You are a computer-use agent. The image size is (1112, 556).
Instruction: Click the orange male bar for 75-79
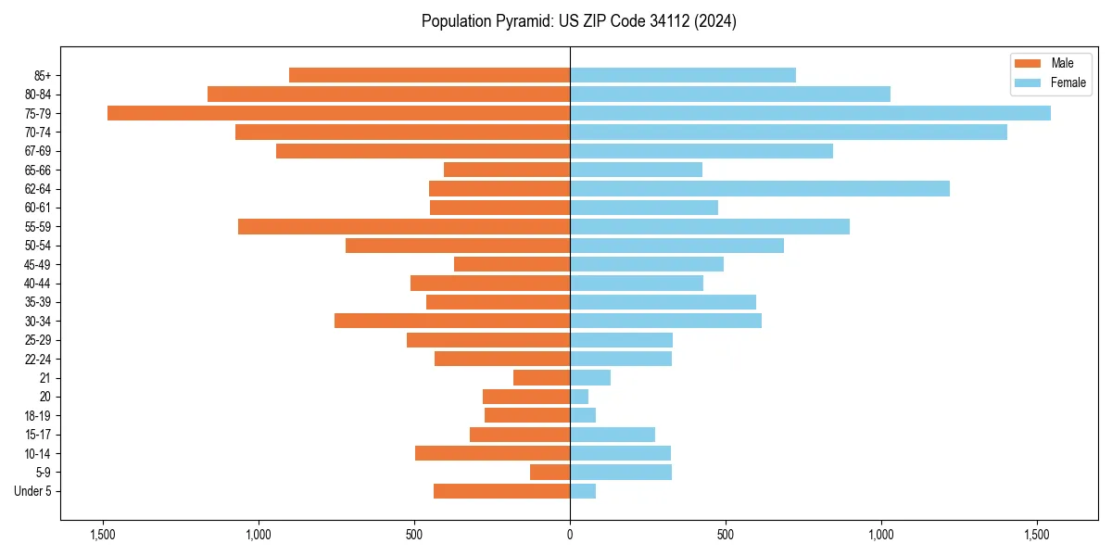pos(338,113)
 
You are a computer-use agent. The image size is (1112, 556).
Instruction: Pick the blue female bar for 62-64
pos(759,189)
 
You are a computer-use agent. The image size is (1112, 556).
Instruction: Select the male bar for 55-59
pos(404,227)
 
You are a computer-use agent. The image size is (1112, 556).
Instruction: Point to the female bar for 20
pos(579,397)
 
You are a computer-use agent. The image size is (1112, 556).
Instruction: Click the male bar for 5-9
pos(550,473)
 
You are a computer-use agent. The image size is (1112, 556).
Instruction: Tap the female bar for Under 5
pos(583,491)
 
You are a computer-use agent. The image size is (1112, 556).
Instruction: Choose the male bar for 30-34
pos(452,322)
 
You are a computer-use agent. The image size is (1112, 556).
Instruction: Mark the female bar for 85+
pos(682,75)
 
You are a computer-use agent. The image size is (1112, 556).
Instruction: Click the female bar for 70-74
pos(788,133)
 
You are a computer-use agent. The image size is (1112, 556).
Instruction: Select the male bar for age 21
pos(541,378)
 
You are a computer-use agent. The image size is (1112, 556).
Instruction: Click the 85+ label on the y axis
pos(43,75)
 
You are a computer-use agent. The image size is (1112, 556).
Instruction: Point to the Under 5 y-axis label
pos(33,491)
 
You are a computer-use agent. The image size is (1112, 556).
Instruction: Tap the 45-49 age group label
pos(38,265)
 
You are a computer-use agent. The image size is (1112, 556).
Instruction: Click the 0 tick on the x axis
pos(570,535)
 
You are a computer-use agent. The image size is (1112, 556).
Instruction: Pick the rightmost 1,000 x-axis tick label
pos(880,535)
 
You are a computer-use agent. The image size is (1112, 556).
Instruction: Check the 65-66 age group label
pos(38,171)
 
